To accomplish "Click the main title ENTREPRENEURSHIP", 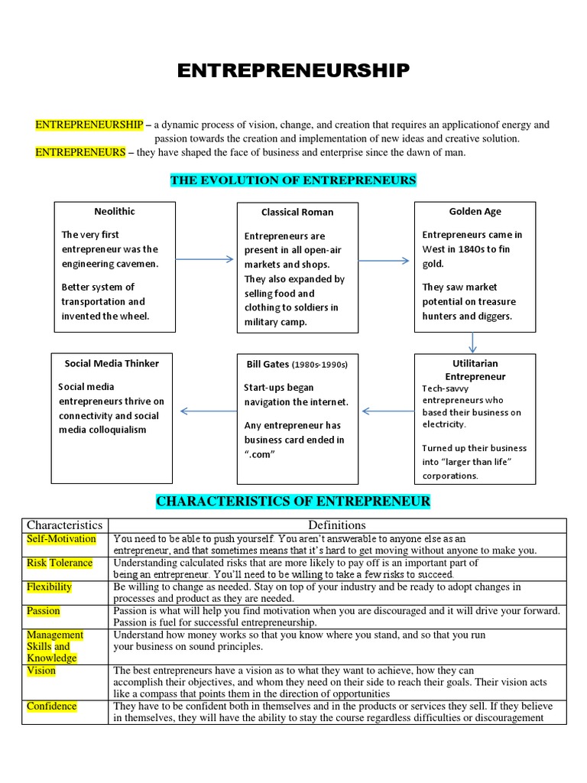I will (293, 71).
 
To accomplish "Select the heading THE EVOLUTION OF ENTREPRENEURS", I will (293, 180).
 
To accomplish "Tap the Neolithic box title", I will (115, 211).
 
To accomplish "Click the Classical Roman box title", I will (297, 212).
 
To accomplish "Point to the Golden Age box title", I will (475, 211).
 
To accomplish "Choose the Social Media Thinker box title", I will (112, 363).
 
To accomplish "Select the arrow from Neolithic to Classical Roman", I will (205, 259).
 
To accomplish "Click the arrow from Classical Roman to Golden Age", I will (384, 260).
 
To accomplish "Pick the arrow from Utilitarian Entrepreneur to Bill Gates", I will (387, 411).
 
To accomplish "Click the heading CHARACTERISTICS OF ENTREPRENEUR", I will (293, 502).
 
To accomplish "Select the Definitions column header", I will (336, 525).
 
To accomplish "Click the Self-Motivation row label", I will (61, 539).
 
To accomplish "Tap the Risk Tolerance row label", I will (60, 563).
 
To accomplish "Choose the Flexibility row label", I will (50, 587).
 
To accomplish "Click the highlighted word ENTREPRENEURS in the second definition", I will (80, 152).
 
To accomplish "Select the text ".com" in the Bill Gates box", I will (260, 454).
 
